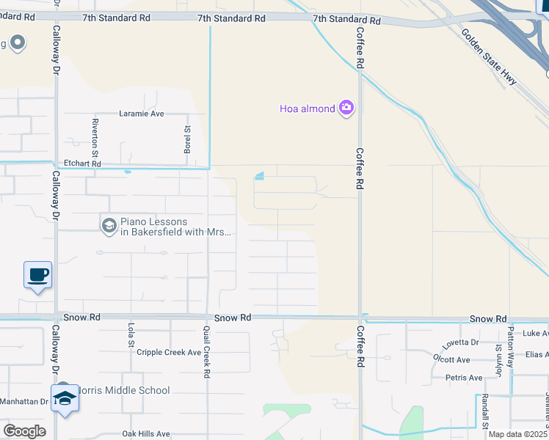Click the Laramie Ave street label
tap(142, 114)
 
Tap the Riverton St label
tap(95, 131)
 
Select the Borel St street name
tap(187, 139)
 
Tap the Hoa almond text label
tap(307, 109)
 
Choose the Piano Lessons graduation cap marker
tap(109, 224)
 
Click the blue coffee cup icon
tap(38, 275)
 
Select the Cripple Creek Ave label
tap(169, 353)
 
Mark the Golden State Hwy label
tap(489, 57)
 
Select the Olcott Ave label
tap(452, 360)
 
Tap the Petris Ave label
tap(465, 378)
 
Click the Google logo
tap(24, 431)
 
